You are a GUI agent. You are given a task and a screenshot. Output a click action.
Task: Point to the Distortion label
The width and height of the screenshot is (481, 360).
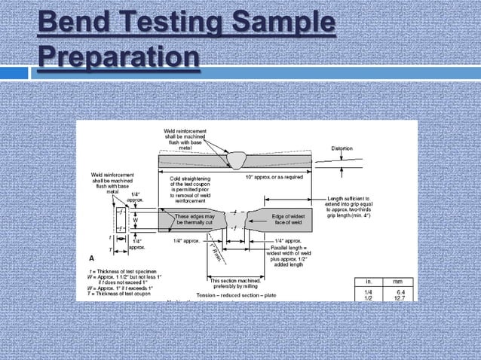coord(342,148)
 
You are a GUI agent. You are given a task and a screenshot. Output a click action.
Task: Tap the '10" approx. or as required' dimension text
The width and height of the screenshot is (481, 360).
coord(274,177)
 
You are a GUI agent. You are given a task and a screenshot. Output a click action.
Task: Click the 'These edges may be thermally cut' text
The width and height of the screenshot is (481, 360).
coord(195,220)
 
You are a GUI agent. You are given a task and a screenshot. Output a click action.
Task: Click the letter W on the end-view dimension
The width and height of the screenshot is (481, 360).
coord(136,221)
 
